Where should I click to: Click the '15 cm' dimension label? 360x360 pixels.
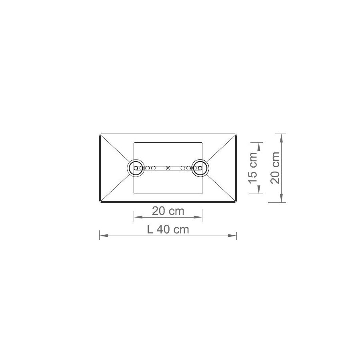click(x=253, y=168)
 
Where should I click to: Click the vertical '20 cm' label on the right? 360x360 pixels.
click(x=275, y=168)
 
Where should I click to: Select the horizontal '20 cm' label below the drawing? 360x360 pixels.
click(x=168, y=211)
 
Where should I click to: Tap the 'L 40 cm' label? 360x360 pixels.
click(x=168, y=229)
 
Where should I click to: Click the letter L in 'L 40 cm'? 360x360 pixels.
click(x=150, y=229)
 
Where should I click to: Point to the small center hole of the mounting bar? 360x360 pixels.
click(x=168, y=168)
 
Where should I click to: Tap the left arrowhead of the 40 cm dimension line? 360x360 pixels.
click(x=104, y=236)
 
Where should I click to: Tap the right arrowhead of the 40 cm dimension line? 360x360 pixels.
click(x=232, y=236)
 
